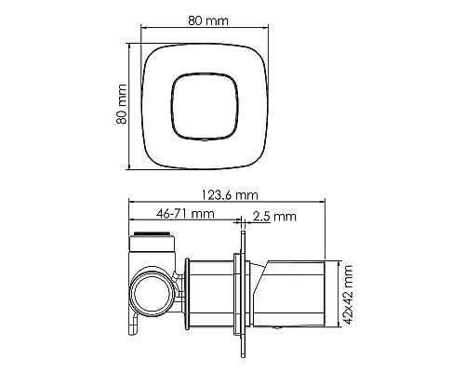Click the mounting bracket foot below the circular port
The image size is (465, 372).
tap(136, 327)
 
